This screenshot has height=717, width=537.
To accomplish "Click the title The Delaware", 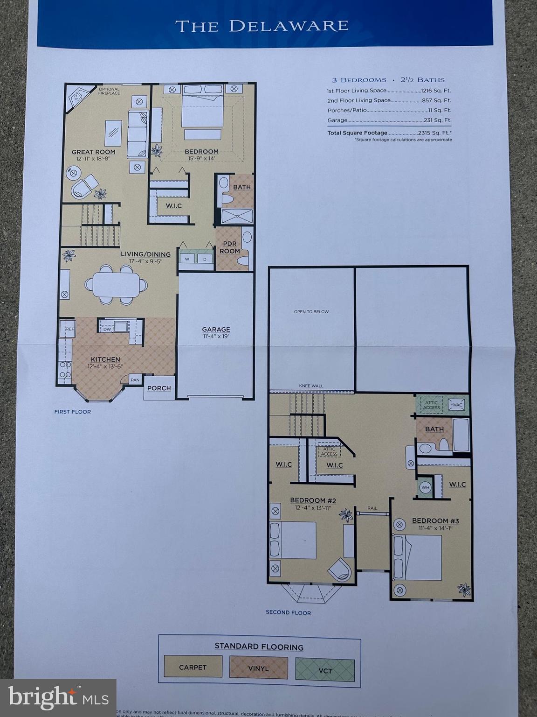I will coord(262,26).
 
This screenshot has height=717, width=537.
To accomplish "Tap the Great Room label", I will coord(93,152).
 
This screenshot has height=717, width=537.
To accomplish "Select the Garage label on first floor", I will coord(216,329).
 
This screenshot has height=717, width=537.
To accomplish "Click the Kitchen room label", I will coord(105,359).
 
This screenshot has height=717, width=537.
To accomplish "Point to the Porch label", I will coord(159,388).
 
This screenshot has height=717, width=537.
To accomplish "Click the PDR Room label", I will coord(229,247).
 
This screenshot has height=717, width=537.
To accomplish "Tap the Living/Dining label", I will coord(145,254).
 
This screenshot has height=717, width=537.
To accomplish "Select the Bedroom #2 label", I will coord(313,500).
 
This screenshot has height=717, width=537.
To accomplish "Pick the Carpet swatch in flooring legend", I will coord(193,668).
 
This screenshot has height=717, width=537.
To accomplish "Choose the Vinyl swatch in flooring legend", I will coord(258,668).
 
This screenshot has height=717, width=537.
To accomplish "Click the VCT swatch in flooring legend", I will coord(325,670).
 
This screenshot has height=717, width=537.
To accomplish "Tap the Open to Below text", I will coord(311,311).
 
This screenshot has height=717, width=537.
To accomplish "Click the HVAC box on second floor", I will coord(456,405).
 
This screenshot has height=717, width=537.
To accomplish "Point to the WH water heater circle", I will coord(425,487).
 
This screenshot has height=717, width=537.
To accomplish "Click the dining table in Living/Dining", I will coord(116,284).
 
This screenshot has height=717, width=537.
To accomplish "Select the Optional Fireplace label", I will coord(109,91).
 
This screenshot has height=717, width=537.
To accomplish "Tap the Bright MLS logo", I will coord(58,698).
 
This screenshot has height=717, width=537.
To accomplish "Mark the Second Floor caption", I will coord(288,612).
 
